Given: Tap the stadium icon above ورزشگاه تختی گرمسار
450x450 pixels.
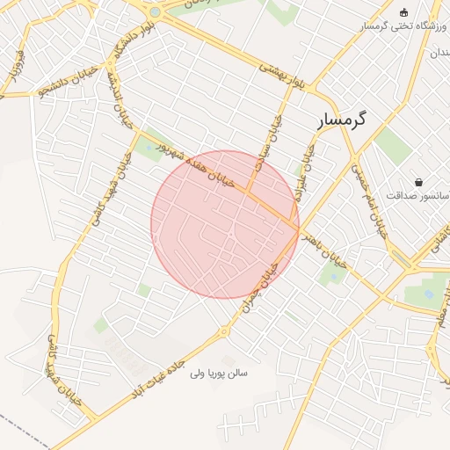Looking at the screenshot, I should [403, 12].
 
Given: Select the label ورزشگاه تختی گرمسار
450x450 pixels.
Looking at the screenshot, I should [400, 27].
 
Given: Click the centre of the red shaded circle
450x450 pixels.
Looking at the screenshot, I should [225, 224].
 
